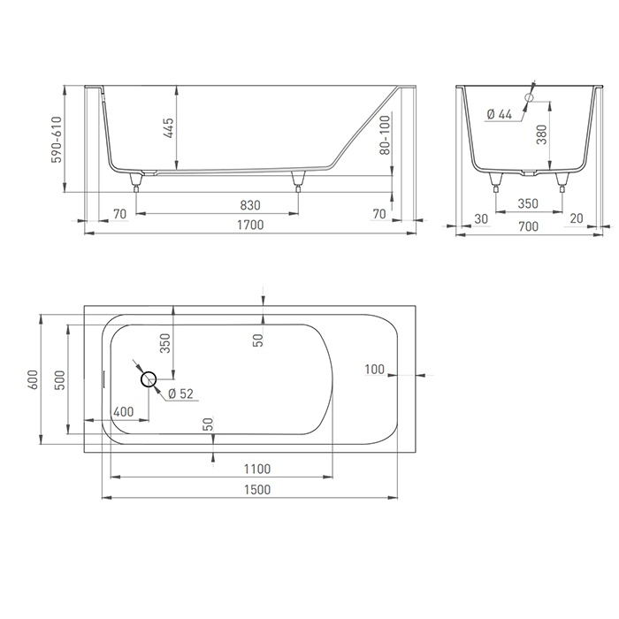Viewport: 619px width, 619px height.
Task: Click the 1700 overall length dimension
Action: tap(250, 225)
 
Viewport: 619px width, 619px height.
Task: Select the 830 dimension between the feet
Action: tap(250, 205)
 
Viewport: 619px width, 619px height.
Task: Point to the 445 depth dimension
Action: tap(169, 127)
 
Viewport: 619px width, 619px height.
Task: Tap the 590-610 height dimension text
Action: tap(57, 140)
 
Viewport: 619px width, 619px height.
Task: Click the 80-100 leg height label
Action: tap(386, 135)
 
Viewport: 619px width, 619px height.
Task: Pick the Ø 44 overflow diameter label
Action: tap(500, 114)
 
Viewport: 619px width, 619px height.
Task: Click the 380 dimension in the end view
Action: tap(542, 134)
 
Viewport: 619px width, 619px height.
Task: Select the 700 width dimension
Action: tap(528, 226)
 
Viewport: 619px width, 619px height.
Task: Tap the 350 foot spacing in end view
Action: tap(528, 203)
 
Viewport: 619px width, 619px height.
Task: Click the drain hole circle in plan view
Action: tap(149, 379)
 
